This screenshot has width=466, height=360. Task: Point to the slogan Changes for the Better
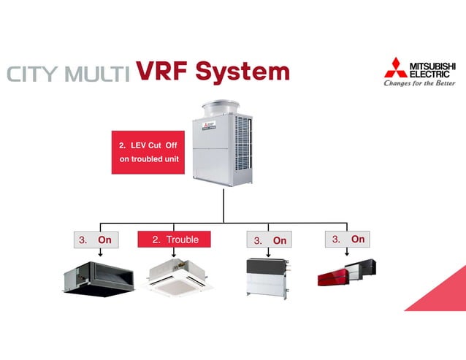coord(419,83)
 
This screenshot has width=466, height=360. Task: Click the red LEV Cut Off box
coord(148,152)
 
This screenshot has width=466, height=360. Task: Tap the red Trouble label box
coord(174,240)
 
